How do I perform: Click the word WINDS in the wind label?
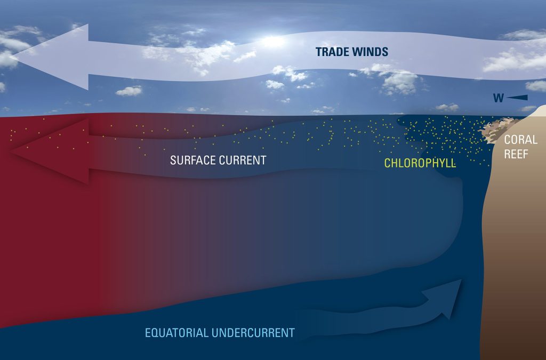[x=371, y=52]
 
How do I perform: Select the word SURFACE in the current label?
[x=192, y=160]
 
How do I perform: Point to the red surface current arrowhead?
[x=51, y=151]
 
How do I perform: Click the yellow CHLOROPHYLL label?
[x=420, y=163]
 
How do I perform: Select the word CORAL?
[x=520, y=140]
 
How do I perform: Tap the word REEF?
[x=516, y=154]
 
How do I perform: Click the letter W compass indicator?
[x=499, y=98]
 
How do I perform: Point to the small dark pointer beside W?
[x=517, y=98]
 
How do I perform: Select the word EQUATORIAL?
[x=176, y=333]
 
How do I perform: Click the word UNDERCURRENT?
[x=253, y=333]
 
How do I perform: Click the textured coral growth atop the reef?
[x=498, y=130]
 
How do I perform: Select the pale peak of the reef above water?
[x=538, y=111]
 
